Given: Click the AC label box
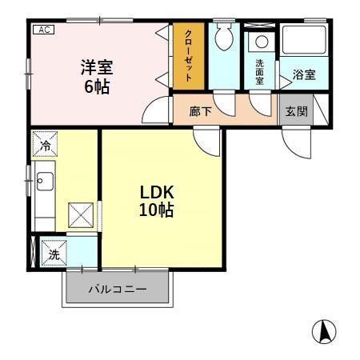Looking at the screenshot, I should [42, 30].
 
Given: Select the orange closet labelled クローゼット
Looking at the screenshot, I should [188, 55].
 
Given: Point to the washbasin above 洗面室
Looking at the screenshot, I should [261, 42].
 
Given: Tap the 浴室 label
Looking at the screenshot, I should [304, 75].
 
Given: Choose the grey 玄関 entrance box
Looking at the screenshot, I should [295, 111].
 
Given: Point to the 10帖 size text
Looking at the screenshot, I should [158, 211].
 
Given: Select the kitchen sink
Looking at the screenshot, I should [43, 182].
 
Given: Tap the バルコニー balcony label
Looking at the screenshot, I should [117, 290].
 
